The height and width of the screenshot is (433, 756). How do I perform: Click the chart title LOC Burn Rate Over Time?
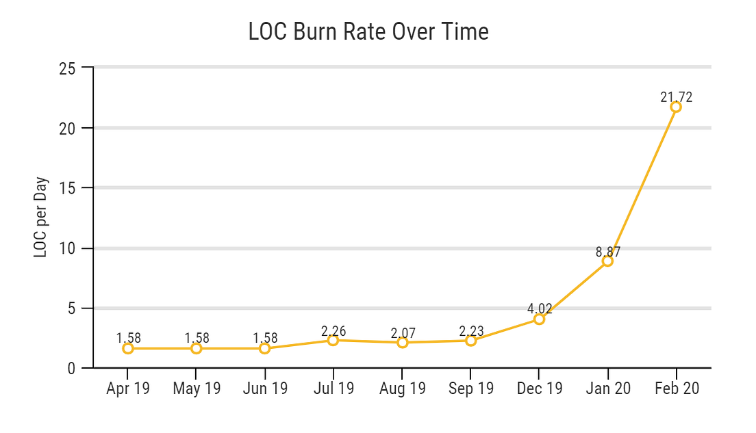tap(368, 32)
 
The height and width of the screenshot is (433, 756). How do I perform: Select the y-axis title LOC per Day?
tap(41, 218)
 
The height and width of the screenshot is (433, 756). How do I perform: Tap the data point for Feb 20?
tap(676, 107)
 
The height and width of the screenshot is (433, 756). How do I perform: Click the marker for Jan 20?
tap(607, 261)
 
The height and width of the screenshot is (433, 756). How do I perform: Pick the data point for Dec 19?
tap(539, 319)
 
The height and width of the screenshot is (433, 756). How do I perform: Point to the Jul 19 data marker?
tap(333, 340)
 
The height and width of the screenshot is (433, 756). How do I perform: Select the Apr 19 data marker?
tap(128, 348)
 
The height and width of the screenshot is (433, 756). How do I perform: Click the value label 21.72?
tap(676, 97)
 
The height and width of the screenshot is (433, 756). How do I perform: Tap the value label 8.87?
tap(607, 251)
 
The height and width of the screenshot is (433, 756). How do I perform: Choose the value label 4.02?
tap(539, 309)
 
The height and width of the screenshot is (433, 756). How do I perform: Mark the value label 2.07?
tap(403, 333)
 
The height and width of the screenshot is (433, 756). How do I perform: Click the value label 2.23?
tap(471, 331)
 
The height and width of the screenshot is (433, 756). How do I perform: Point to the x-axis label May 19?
tap(197, 389)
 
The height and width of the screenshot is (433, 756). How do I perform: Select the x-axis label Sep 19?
tap(471, 389)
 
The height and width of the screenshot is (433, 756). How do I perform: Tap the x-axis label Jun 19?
tap(265, 389)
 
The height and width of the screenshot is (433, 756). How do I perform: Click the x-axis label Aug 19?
tap(403, 389)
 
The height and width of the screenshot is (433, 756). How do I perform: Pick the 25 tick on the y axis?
tap(67, 68)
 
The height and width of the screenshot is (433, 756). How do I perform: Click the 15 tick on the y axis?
tap(67, 188)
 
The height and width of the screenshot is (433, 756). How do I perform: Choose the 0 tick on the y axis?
tap(71, 369)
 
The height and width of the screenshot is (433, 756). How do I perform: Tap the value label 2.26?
tap(333, 331)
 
